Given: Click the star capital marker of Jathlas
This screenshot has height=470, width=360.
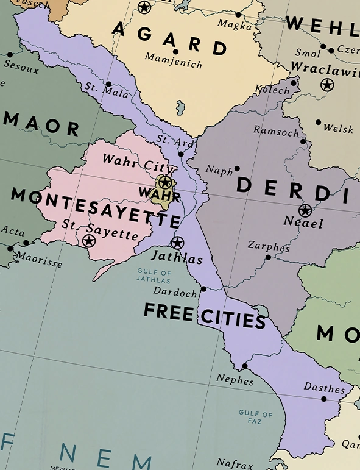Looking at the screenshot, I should (x=177, y=243).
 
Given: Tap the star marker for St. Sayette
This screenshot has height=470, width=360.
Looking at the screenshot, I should (x=89, y=241).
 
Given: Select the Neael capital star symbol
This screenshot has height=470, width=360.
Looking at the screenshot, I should (x=305, y=210).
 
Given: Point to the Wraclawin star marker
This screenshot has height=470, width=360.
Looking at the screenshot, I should (x=328, y=85).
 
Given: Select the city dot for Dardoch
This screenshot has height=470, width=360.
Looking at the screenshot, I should (x=203, y=289).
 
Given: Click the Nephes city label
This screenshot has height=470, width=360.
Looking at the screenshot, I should (x=235, y=380).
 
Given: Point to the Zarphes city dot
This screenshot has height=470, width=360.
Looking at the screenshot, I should (x=268, y=257).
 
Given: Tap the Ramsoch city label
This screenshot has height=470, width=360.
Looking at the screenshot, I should (x=276, y=131).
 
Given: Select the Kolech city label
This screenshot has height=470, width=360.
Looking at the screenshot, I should (x=272, y=90).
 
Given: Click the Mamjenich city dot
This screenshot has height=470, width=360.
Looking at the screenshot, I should (x=175, y=52).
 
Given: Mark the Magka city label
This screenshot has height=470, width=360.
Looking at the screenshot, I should (x=234, y=25).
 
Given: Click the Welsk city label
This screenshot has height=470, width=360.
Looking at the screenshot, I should (x=338, y=128).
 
